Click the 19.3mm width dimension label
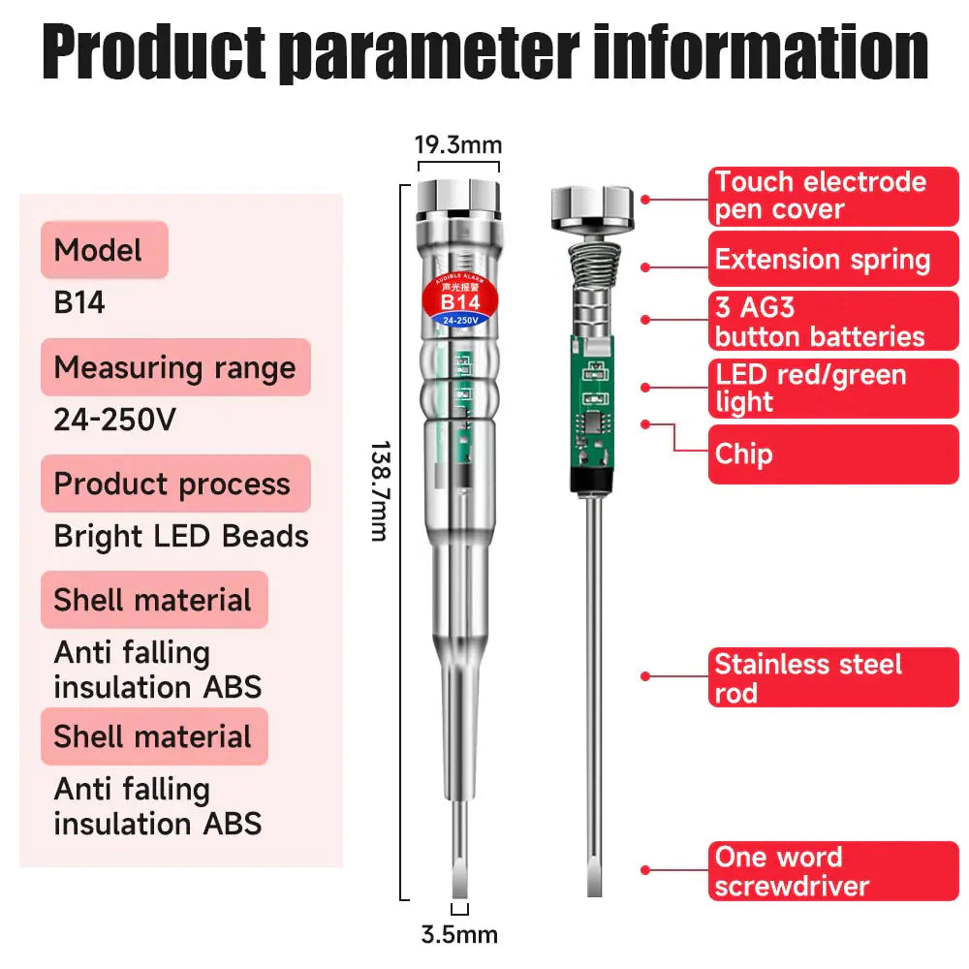(458, 145)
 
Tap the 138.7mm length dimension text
(380, 491)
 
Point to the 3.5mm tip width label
(459, 935)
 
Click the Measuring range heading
(175, 367)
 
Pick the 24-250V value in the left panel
(115, 420)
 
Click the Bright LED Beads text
(181, 536)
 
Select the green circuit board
(591, 402)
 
